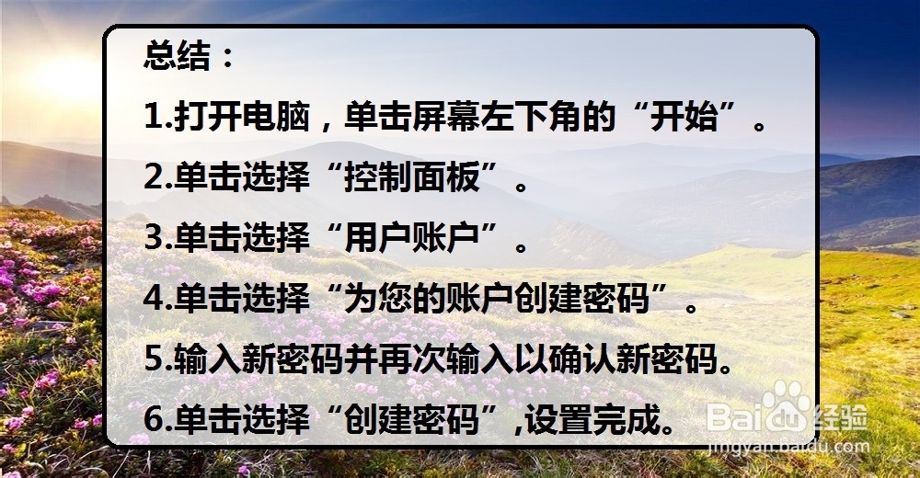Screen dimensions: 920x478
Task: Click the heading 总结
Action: point(177,57)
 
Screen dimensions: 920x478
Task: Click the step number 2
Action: point(155,176)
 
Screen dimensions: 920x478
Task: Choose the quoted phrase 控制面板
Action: point(412,176)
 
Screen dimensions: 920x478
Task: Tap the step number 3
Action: point(155,237)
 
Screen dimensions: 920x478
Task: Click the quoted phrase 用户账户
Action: point(412,237)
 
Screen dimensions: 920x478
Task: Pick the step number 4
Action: point(155,298)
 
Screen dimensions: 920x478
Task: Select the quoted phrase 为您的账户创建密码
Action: point(497,298)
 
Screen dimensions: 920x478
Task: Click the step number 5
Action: point(155,358)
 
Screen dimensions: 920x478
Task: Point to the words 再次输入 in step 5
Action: point(446,358)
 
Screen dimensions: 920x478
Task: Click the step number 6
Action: point(155,419)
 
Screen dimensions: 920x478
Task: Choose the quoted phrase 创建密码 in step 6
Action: point(412,419)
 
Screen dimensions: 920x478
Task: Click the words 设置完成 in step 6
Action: point(592,419)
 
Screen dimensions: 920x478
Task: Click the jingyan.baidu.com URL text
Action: point(789,447)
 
